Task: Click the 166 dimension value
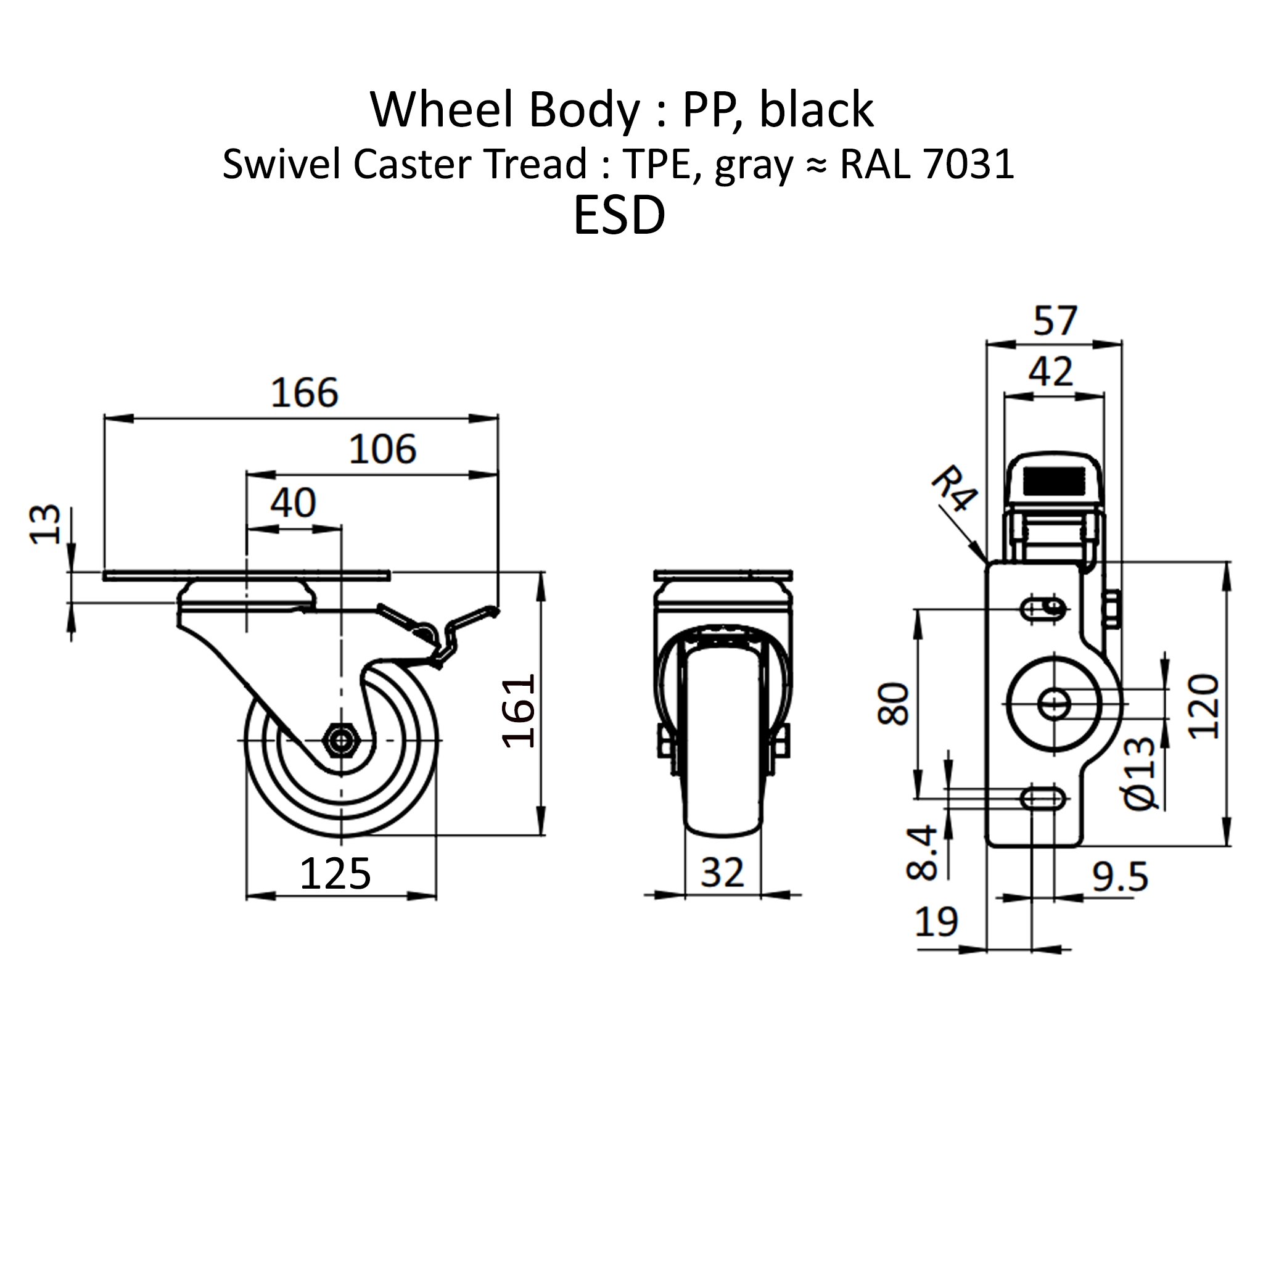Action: coord(304,393)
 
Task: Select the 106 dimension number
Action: coord(382,450)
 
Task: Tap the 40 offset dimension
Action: coord(293,503)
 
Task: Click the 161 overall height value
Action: coord(519,712)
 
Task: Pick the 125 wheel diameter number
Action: coord(335,873)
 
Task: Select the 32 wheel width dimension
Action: coord(722,873)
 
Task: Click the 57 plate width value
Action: coord(1055,321)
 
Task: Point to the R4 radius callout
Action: coord(955,488)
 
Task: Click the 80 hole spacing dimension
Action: coord(894,704)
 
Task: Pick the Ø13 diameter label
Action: coord(1141,773)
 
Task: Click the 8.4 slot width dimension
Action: coord(923,852)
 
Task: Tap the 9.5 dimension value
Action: coord(1120,878)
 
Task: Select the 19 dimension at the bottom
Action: coord(936,923)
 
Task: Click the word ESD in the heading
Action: coord(619,216)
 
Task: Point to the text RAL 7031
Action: coord(927,164)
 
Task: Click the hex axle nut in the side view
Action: coord(340,740)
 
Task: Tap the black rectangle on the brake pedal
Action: coord(1054,481)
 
